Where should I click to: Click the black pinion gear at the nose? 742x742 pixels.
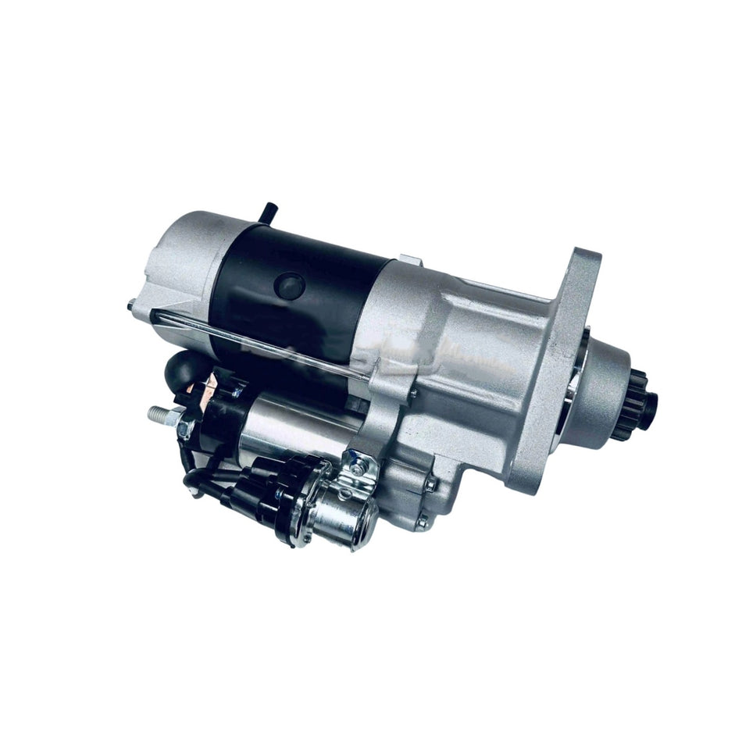point(642,405)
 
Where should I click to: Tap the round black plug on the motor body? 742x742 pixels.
point(290,286)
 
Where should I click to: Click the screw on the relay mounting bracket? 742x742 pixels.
point(358,469)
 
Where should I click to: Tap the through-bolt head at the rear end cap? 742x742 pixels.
point(130,305)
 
